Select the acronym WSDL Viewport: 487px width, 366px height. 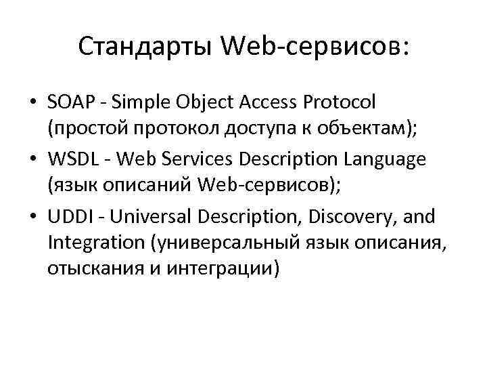click(71, 159)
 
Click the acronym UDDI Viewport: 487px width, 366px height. click(68, 217)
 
